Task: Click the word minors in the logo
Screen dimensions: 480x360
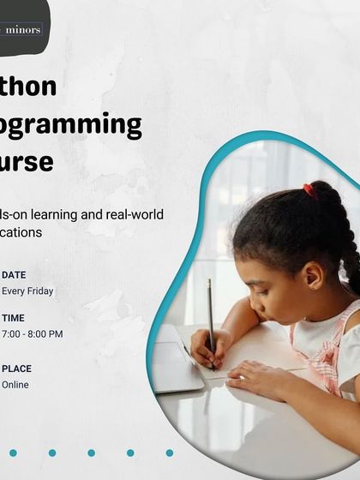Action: click(x=23, y=29)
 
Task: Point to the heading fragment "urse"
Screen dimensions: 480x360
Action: click(x=27, y=162)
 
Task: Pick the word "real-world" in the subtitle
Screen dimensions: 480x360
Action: click(x=135, y=214)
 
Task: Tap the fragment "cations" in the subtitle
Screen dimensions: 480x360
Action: click(x=21, y=232)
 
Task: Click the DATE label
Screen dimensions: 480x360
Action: click(x=14, y=275)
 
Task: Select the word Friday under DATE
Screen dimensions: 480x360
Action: click(x=39, y=291)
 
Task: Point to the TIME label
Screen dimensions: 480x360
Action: click(x=14, y=318)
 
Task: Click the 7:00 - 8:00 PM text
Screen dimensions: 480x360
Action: click(x=33, y=334)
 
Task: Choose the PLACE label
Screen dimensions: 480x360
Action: click(x=16, y=369)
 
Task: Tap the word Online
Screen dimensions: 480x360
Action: click(x=15, y=385)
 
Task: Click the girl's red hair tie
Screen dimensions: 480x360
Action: click(x=309, y=190)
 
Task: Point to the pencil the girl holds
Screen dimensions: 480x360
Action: click(x=210, y=317)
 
